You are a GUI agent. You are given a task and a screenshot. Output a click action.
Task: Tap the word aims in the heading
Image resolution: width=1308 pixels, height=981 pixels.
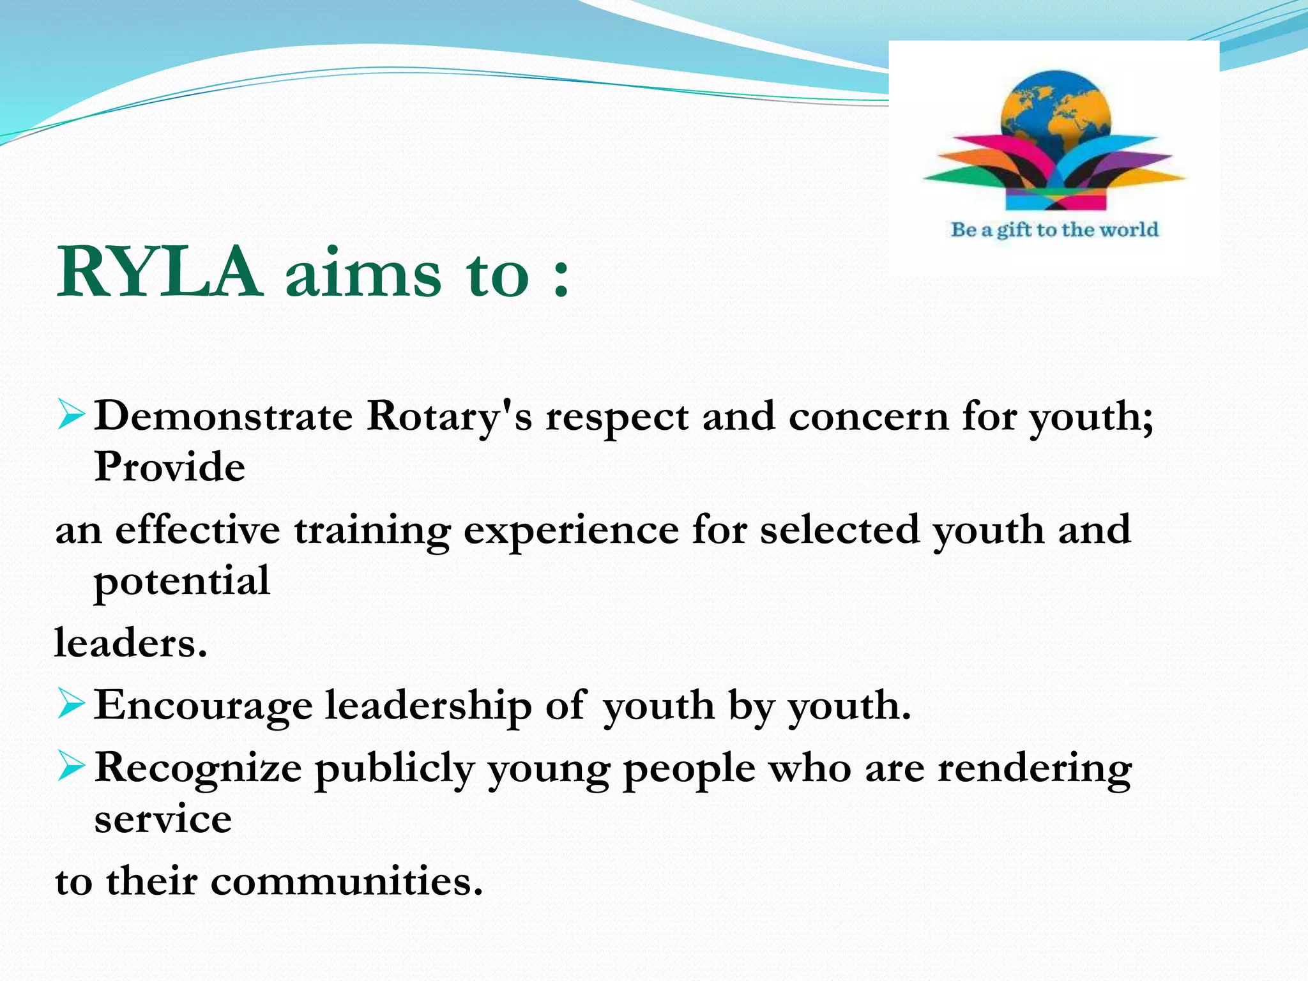[x=363, y=273]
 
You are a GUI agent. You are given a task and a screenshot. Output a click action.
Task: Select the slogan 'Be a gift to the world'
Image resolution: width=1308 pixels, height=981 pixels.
[x=1054, y=230]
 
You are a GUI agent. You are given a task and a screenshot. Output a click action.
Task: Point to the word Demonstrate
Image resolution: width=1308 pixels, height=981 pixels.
[x=224, y=416]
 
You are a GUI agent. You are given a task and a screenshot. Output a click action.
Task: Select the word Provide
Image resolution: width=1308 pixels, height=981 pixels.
[x=170, y=466]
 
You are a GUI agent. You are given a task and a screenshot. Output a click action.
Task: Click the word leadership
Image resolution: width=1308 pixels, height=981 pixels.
[x=428, y=706]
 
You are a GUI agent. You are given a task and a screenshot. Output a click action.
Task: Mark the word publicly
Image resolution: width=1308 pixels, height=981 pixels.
[x=394, y=769]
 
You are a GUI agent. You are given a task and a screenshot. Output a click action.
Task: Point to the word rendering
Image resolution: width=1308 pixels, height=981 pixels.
[x=1034, y=769]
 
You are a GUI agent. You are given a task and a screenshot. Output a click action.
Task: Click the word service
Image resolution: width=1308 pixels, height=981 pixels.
[x=163, y=819]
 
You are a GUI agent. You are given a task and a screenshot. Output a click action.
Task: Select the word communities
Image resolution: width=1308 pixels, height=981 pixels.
[x=346, y=881]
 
